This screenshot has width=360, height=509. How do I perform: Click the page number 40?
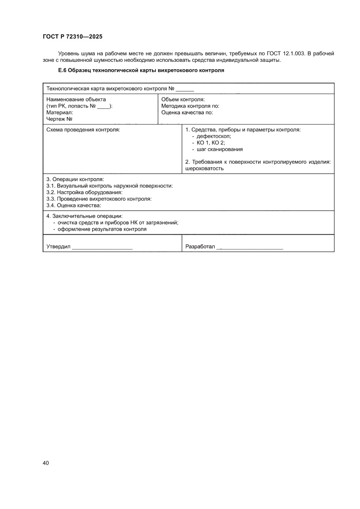click(46, 462)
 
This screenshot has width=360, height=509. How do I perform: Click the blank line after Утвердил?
click(102, 247)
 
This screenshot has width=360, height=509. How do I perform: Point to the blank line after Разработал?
click(250, 247)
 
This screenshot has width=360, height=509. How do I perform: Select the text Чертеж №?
click(59, 118)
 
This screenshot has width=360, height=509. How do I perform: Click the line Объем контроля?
click(183, 99)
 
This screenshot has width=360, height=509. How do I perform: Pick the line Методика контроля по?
click(190, 106)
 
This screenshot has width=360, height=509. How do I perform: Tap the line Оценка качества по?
click(187, 112)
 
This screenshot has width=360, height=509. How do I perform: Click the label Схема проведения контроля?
click(83, 130)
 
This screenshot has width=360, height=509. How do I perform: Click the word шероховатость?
click(205, 169)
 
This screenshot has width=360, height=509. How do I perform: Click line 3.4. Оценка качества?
click(74, 205)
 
